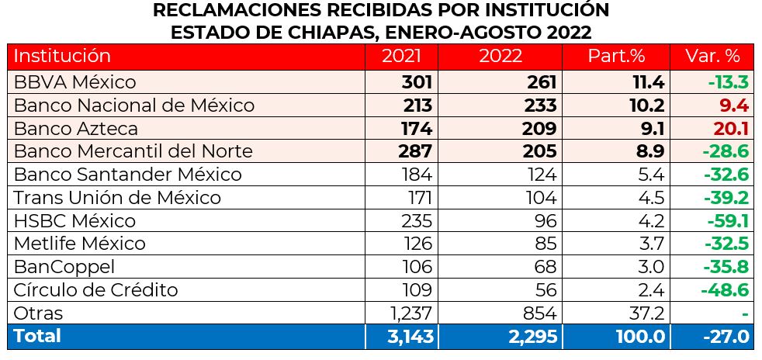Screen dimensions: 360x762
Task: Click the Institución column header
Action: (63, 57)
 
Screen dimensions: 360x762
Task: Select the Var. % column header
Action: (713, 57)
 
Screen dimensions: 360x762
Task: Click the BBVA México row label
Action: (75, 82)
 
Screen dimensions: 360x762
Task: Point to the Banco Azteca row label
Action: (76, 128)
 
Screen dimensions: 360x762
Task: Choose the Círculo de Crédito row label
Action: (96, 290)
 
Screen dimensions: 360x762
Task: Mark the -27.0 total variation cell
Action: (726, 337)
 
